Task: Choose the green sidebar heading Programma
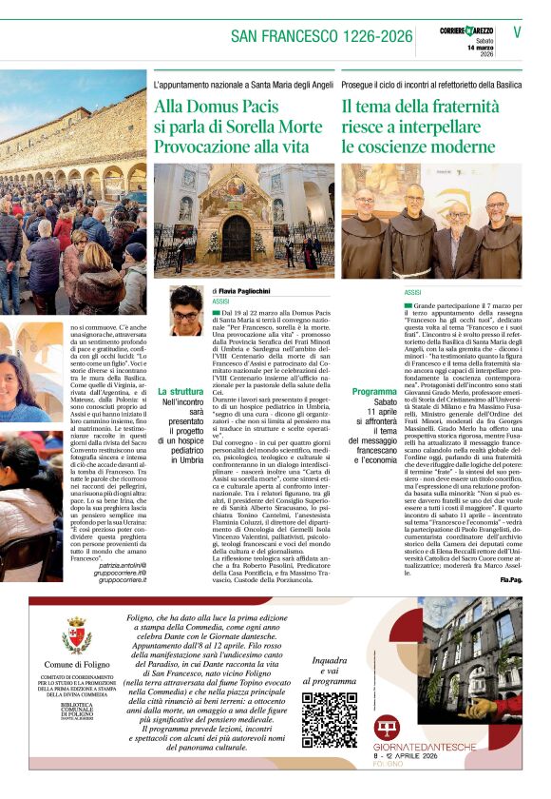pos(374,392)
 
